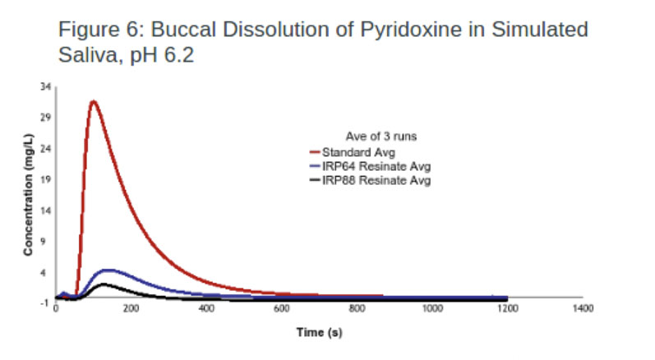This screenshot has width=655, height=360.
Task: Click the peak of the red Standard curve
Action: [x=93, y=102]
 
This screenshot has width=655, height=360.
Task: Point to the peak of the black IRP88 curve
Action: [x=103, y=284]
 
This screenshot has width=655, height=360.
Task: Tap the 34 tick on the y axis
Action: [x=45, y=86]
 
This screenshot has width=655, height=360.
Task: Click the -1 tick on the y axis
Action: [x=45, y=304]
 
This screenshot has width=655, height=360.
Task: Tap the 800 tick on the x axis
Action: [x=357, y=308]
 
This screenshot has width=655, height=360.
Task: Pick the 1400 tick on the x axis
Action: [x=583, y=308]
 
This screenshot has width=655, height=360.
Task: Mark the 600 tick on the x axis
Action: [x=282, y=308]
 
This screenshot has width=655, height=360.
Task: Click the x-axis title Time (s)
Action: [x=319, y=334]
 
